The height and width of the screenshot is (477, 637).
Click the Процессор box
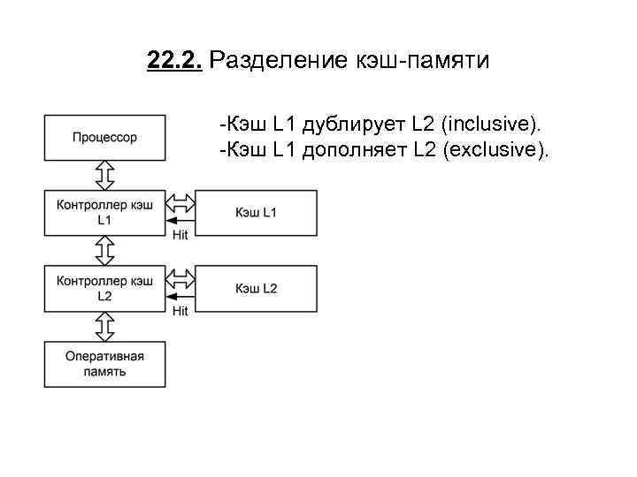[104, 137]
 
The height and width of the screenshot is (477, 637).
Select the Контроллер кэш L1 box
[104, 212]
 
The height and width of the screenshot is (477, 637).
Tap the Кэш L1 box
[256, 212]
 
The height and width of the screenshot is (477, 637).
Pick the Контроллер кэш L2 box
[104, 288]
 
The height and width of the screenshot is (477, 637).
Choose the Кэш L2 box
[256, 288]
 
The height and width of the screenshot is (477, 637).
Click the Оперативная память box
[104, 363]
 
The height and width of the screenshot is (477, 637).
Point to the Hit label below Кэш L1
[180, 235]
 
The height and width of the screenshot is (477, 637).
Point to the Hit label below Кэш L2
[180, 311]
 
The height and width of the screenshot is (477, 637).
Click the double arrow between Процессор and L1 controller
[105, 174]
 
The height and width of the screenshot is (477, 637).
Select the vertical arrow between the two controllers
[105, 250]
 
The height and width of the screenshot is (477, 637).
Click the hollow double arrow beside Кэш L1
[180, 202]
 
